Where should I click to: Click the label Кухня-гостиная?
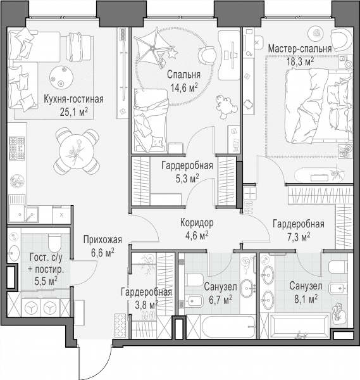(x=73, y=99)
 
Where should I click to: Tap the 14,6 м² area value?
(x=184, y=87)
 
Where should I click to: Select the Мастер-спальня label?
(x=300, y=49)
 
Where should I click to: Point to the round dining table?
(x=77, y=152)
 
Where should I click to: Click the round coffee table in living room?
(x=61, y=77)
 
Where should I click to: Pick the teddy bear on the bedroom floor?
(x=226, y=106)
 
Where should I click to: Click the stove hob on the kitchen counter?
(x=17, y=148)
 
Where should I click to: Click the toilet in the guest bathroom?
(x=54, y=243)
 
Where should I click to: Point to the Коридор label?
(x=197, y=222)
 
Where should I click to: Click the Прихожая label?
(x=102, y=239)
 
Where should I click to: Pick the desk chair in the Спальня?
(x=207, y=56)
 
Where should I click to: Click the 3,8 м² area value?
(x=147, y=305)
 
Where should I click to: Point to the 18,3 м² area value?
(x=300, y=62)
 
